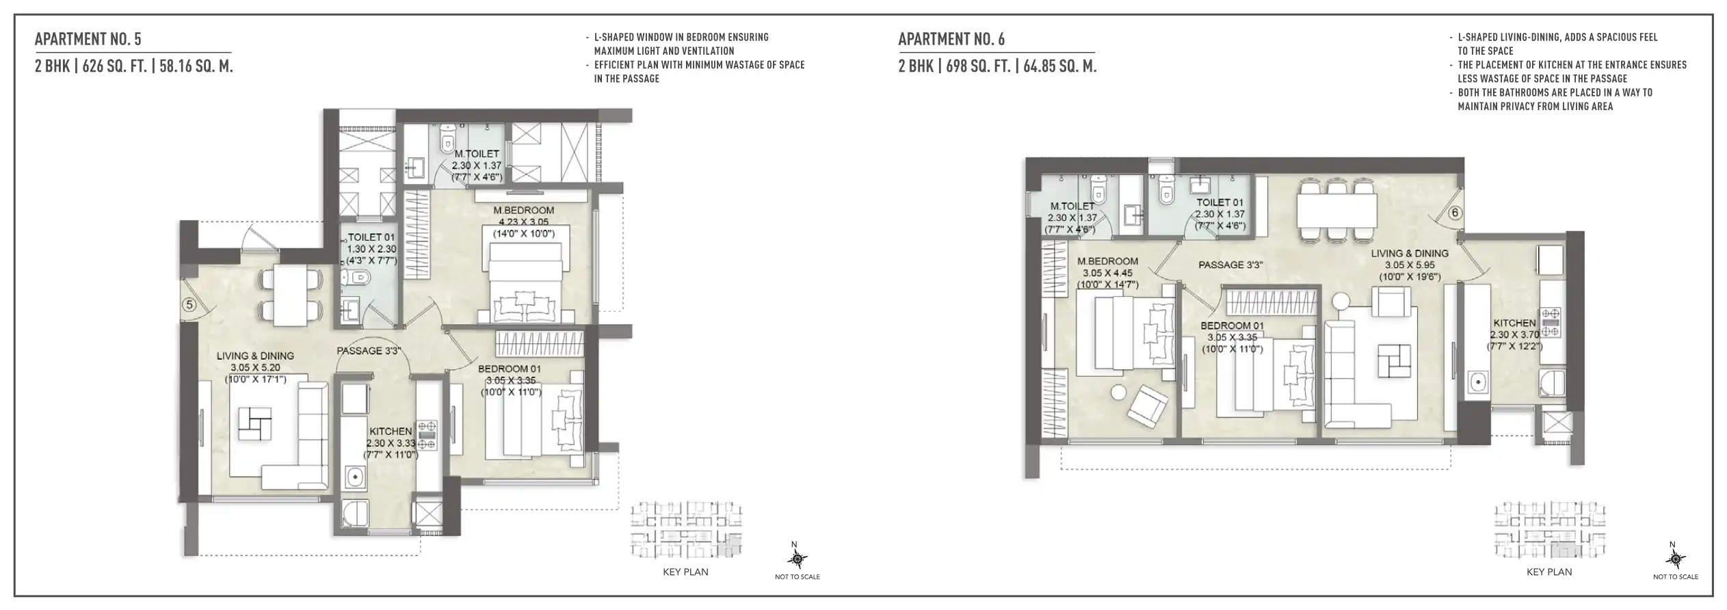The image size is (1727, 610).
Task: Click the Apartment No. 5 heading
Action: tap(88, 39)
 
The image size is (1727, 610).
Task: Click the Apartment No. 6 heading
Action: tap(951, 39)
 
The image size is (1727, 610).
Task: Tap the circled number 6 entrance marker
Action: tap(1454, 213)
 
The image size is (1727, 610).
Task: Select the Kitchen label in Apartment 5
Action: tap(391, 432)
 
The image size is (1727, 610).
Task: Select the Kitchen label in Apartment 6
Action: tap(1514, 323)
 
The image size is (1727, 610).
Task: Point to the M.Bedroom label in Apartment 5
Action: tap(524, 210)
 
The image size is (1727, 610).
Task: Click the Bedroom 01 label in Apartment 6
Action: tap(1232, 326)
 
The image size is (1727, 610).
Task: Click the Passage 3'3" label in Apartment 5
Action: tap(368, 351)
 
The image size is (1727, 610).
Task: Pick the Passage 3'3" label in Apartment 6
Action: tap(1230, 265)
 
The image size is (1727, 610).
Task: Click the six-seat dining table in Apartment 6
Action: tap(1336, 210)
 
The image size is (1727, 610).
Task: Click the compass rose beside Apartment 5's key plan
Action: tap(796, 559)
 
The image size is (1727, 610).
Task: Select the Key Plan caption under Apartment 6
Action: tap(1549, 572)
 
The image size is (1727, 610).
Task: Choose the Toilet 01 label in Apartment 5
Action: tap(368, 237)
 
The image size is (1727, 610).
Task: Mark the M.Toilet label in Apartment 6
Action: tap(1072, 206)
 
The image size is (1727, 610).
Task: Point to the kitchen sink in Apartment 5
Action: tap(354, 477)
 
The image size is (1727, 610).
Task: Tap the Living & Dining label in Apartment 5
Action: tap(255, 356)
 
